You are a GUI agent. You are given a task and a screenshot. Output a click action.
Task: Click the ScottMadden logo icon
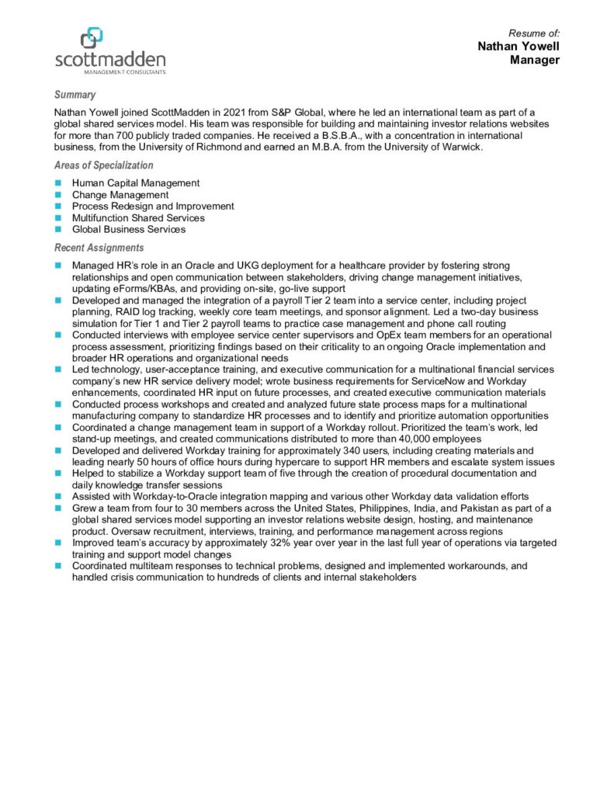click(92, 36)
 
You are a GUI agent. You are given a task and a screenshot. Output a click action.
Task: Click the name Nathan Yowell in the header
click(519, 47)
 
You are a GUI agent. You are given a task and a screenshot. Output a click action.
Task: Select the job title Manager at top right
click(535, 60)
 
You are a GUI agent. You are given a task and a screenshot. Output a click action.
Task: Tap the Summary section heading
click(75, 95)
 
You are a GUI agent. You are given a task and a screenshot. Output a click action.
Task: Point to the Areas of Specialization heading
click(103, 165)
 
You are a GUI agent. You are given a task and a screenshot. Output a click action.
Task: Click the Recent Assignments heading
click(99, 248)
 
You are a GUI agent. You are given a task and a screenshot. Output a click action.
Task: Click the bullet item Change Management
click(120, 195)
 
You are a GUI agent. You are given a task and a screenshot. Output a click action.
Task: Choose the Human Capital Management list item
click(135, 183)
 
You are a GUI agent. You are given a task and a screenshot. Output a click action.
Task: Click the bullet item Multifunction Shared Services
click(138, 218)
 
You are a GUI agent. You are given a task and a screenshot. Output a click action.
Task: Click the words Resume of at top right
click(534, 33)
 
